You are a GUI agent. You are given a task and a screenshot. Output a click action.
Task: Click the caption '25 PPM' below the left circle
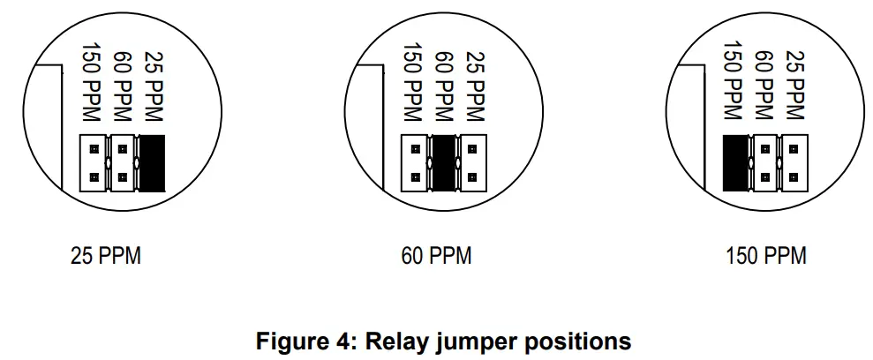105,257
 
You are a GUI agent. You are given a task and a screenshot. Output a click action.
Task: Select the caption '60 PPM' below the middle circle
436,257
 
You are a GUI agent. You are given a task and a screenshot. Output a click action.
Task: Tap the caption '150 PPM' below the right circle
765,257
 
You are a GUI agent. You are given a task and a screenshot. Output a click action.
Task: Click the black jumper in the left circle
154,162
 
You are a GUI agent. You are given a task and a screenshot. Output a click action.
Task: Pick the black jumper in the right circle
736,162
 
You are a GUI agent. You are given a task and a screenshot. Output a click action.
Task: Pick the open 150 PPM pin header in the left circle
93,162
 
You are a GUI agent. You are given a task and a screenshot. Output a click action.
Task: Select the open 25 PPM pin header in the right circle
795,162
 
